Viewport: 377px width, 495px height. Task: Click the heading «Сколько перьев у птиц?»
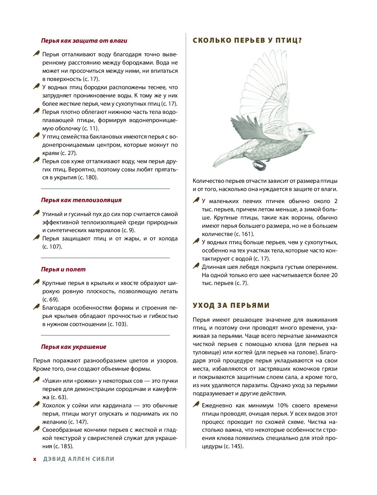(247, 40)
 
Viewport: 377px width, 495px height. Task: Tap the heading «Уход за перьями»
(231, 306)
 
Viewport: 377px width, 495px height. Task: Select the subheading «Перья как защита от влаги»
(84, 41)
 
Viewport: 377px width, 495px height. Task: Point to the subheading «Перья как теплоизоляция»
(81, 200)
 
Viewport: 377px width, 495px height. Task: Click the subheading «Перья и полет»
(63, 269)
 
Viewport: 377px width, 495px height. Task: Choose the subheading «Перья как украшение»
(74, 347)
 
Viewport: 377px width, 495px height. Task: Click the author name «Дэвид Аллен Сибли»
(79, 459)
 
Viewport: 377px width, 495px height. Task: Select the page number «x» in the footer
(35, 459)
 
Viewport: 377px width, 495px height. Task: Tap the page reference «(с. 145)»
(234, 446)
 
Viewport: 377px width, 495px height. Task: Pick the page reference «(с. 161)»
(244, 234)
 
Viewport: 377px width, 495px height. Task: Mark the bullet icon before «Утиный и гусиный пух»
(37, 213)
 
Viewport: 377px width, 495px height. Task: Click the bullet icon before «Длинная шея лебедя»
(196, 266)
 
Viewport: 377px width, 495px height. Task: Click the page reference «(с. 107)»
(52, 247)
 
